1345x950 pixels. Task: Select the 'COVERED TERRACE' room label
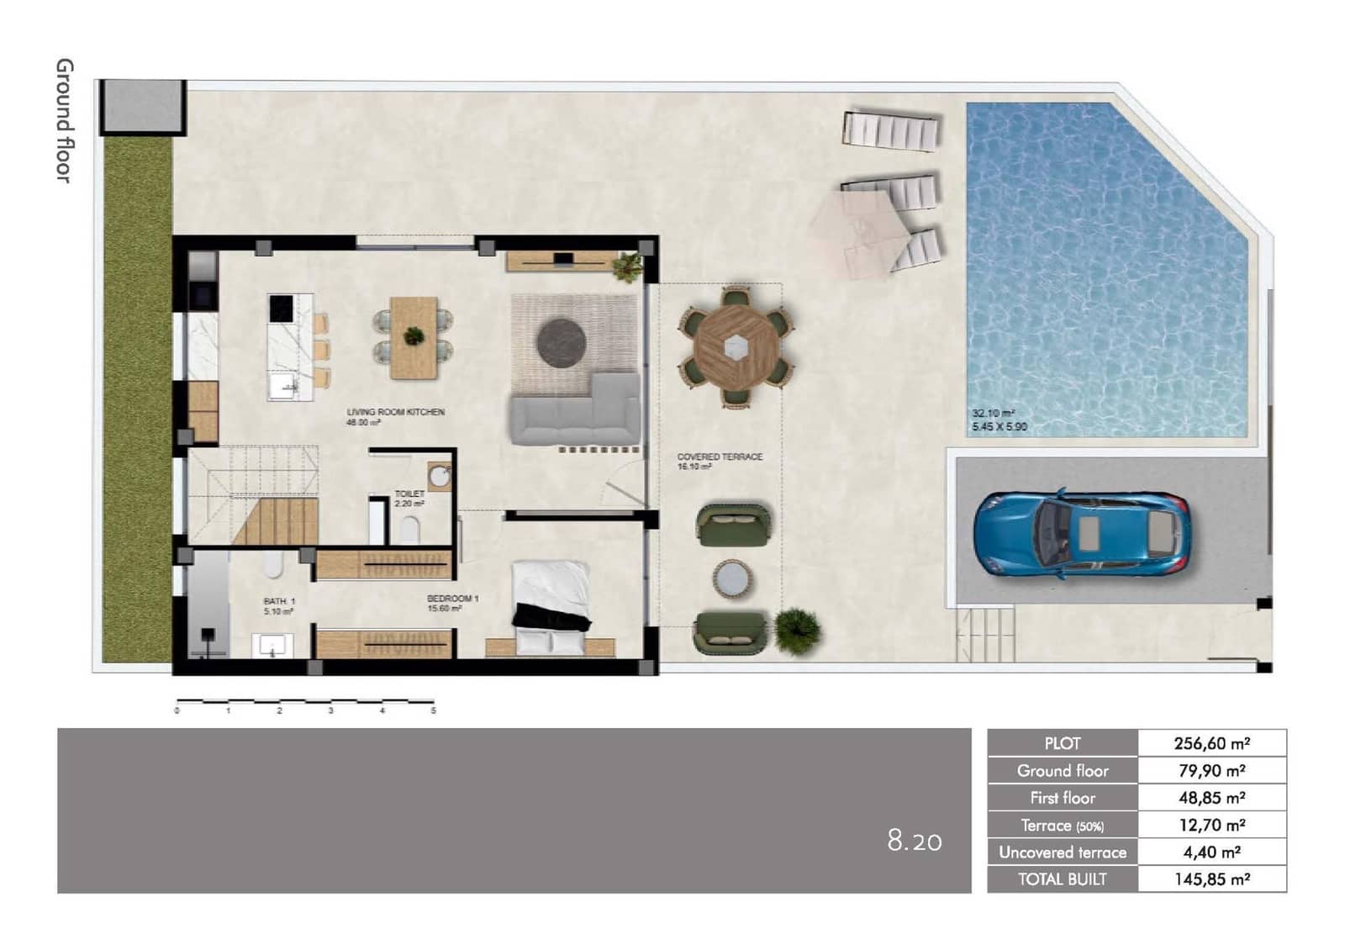(720, 457)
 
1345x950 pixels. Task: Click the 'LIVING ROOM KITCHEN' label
(395, 412)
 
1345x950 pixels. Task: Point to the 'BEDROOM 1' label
(452, 599)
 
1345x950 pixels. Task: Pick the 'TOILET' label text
(409, 493)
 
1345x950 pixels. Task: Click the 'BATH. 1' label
(279, 601)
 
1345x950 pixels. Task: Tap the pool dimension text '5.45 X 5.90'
(1000, 427)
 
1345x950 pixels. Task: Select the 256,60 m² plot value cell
(1211, 743)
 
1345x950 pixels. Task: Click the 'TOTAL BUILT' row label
(1062, 879)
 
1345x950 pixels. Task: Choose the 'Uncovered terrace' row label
(1062, 852)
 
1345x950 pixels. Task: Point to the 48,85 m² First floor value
(1211, 798)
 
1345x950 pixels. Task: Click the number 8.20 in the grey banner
(915, 840)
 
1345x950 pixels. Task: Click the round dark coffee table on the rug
(562, 343)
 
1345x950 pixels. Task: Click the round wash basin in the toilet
(439, 477)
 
